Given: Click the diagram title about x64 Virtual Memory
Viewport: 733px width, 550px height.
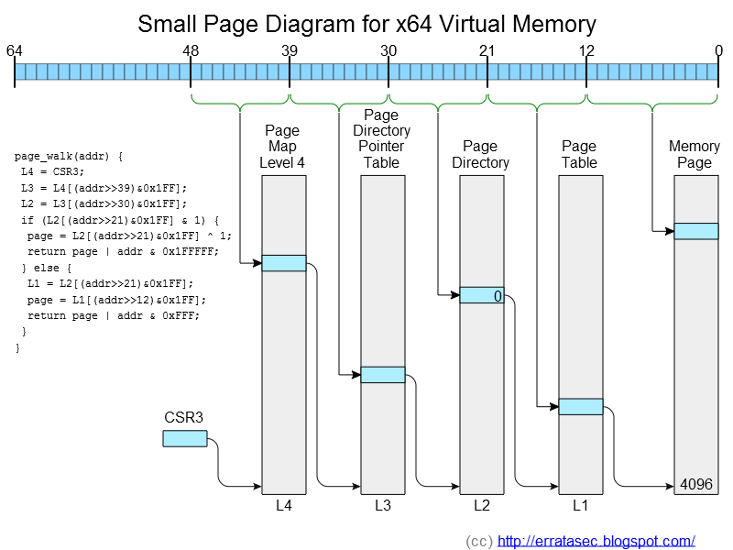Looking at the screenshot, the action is [x=366, y=24].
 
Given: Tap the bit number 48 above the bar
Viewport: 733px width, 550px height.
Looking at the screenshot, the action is [x=191, y=51].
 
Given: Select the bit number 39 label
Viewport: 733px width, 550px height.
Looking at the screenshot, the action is [x=290, y=51].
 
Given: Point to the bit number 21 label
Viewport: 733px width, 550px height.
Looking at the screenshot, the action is [x=487, y=51].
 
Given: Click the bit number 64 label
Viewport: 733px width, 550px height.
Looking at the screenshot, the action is [x=15, y=51].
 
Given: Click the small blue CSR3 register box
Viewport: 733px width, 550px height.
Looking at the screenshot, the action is [x=185, y=439].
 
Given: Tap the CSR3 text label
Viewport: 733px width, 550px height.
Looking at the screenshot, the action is [x=183, y=418].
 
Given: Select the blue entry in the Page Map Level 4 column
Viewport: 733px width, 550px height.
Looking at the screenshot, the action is [x=284, y=263].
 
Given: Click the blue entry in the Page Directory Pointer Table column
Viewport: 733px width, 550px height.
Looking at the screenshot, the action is [x=382, y=374].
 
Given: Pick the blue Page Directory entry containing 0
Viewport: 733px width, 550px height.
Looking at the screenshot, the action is [x=481, y=295].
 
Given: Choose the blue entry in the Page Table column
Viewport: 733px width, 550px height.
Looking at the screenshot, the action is [x=580, y=406].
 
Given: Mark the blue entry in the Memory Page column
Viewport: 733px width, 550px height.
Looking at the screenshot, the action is [x=696, y=231].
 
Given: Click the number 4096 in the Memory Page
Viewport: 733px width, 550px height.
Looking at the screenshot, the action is [x=696, y=484].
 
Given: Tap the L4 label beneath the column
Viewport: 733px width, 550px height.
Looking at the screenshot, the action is [x=284, y=505].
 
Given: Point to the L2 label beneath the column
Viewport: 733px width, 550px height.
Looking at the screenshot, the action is [x=481, y=505].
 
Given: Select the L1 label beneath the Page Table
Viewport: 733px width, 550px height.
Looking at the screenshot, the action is [x=580, y=505].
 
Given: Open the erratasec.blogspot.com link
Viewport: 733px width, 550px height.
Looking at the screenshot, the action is [x=596, y=541].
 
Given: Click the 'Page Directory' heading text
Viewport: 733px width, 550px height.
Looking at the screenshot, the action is [x=480, y=155].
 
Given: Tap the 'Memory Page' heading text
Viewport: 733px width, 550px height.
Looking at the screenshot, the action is [x=695, y=155].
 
